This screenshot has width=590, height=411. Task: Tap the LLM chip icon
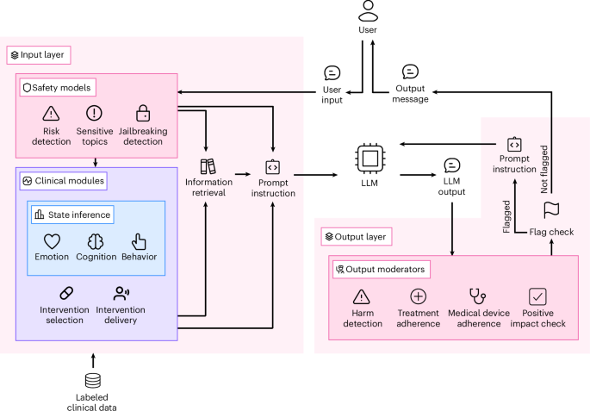coord(369,159)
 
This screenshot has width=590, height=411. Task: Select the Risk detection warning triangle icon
coord(51,114)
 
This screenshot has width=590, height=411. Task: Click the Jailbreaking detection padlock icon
coord(143,113)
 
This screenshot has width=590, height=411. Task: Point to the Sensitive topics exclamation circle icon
coord(95,113)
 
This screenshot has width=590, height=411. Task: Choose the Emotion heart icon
coord(53,242)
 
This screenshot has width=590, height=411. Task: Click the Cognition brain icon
coord(96,242)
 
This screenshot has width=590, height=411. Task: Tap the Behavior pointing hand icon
coord(139,242)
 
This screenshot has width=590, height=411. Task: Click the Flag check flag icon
coord(550,209)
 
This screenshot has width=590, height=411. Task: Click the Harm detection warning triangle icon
coord(361,296)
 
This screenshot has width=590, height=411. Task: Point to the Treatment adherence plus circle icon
coord(419,296)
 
